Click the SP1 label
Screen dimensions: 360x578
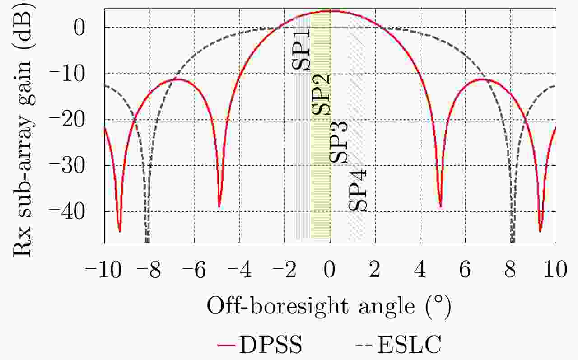[301, 50]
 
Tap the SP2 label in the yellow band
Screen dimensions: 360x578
[321, 94]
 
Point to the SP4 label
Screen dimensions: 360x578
[359, 190]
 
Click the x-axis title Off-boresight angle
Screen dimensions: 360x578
[329, 307]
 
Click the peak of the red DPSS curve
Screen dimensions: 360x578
[330, 11]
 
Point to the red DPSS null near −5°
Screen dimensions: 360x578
[219, 206]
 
